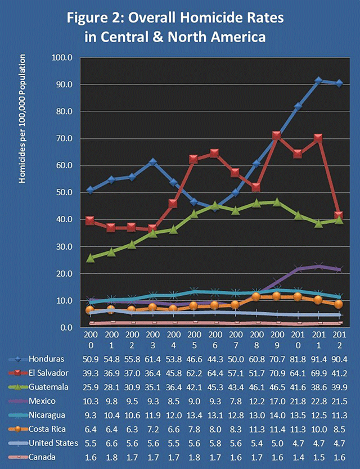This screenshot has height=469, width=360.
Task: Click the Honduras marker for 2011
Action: (x=318, y=80)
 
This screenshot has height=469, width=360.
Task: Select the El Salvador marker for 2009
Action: (x=276, y=136)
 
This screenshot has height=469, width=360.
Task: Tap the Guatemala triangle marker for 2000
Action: (x=89, y=258)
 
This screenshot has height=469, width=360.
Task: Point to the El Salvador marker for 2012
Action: (x=339, y=216)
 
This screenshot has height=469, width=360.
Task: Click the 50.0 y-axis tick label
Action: (x=66, y=192)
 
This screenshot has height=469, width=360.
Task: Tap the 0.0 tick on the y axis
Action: (x=68, y=327)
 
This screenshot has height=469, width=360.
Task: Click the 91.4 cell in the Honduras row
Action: (x=318, y=359)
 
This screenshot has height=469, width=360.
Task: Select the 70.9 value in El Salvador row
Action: (x=276, y=373)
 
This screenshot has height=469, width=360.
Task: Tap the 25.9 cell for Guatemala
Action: (x=89, y=387)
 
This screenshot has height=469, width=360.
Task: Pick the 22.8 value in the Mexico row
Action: (x=318, y=401)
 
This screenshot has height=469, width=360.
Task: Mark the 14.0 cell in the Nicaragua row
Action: (x=276, y=415)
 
